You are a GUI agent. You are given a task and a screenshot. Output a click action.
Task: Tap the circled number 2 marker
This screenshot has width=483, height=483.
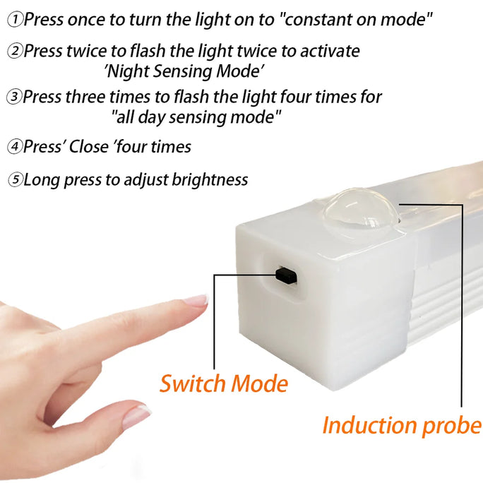pos(15,52)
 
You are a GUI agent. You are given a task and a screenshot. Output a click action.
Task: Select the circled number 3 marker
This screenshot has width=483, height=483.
pos(14,97)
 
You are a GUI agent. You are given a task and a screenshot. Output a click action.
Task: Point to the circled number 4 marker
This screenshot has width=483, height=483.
pos(15,147)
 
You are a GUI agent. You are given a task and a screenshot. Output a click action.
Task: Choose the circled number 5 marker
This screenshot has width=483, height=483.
pos(15,180)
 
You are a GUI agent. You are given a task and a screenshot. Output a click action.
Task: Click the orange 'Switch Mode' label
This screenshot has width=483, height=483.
pos(224,383)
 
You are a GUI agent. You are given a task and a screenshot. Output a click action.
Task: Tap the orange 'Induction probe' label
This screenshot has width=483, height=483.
pos(401,426)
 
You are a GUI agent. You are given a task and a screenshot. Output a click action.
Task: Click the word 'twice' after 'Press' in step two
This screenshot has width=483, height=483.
pos(83,51)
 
